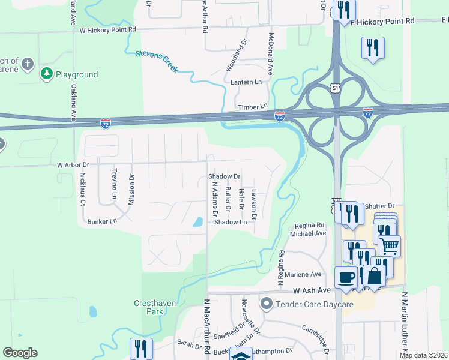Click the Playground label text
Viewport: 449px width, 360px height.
[77, 74]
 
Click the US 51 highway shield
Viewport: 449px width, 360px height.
[334, 88]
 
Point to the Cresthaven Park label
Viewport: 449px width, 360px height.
[155, 307]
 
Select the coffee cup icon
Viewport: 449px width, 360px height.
[345, 277]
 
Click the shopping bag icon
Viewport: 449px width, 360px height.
[375, 277]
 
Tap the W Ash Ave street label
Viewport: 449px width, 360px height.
[312, 290]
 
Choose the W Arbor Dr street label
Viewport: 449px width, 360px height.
[73, 164]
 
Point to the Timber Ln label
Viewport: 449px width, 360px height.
[252, 106]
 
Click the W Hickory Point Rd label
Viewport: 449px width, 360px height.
[107, 29]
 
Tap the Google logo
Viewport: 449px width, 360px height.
[20, 353]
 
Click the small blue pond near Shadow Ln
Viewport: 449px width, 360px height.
[197, 222]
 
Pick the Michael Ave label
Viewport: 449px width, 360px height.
[309, 233]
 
